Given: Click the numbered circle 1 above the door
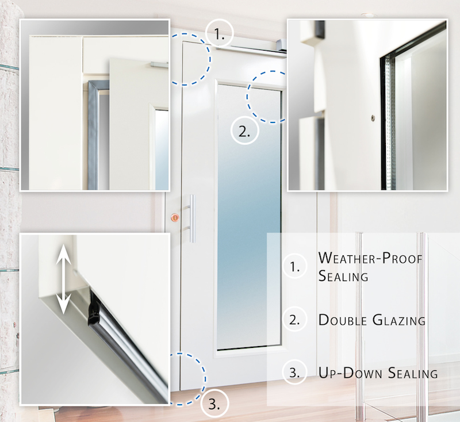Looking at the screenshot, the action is coord(220,33).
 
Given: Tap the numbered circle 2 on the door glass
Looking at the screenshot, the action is coord(245,131).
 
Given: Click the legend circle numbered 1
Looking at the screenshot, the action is coord(295,266).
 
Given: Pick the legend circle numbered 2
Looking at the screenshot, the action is coord(295,319).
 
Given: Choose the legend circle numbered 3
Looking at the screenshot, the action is coord(295,372).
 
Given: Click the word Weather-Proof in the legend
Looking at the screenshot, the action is coord(370,258).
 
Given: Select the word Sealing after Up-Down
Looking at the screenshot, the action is coord(413,373).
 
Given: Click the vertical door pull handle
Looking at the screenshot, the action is coord(192,218).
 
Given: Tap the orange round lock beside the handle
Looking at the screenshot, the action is coord(175,217).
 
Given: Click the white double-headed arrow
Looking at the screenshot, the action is coord(64,279).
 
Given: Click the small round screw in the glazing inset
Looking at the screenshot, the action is coord(373,118).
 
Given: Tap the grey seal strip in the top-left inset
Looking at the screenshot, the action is coord(93,135).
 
